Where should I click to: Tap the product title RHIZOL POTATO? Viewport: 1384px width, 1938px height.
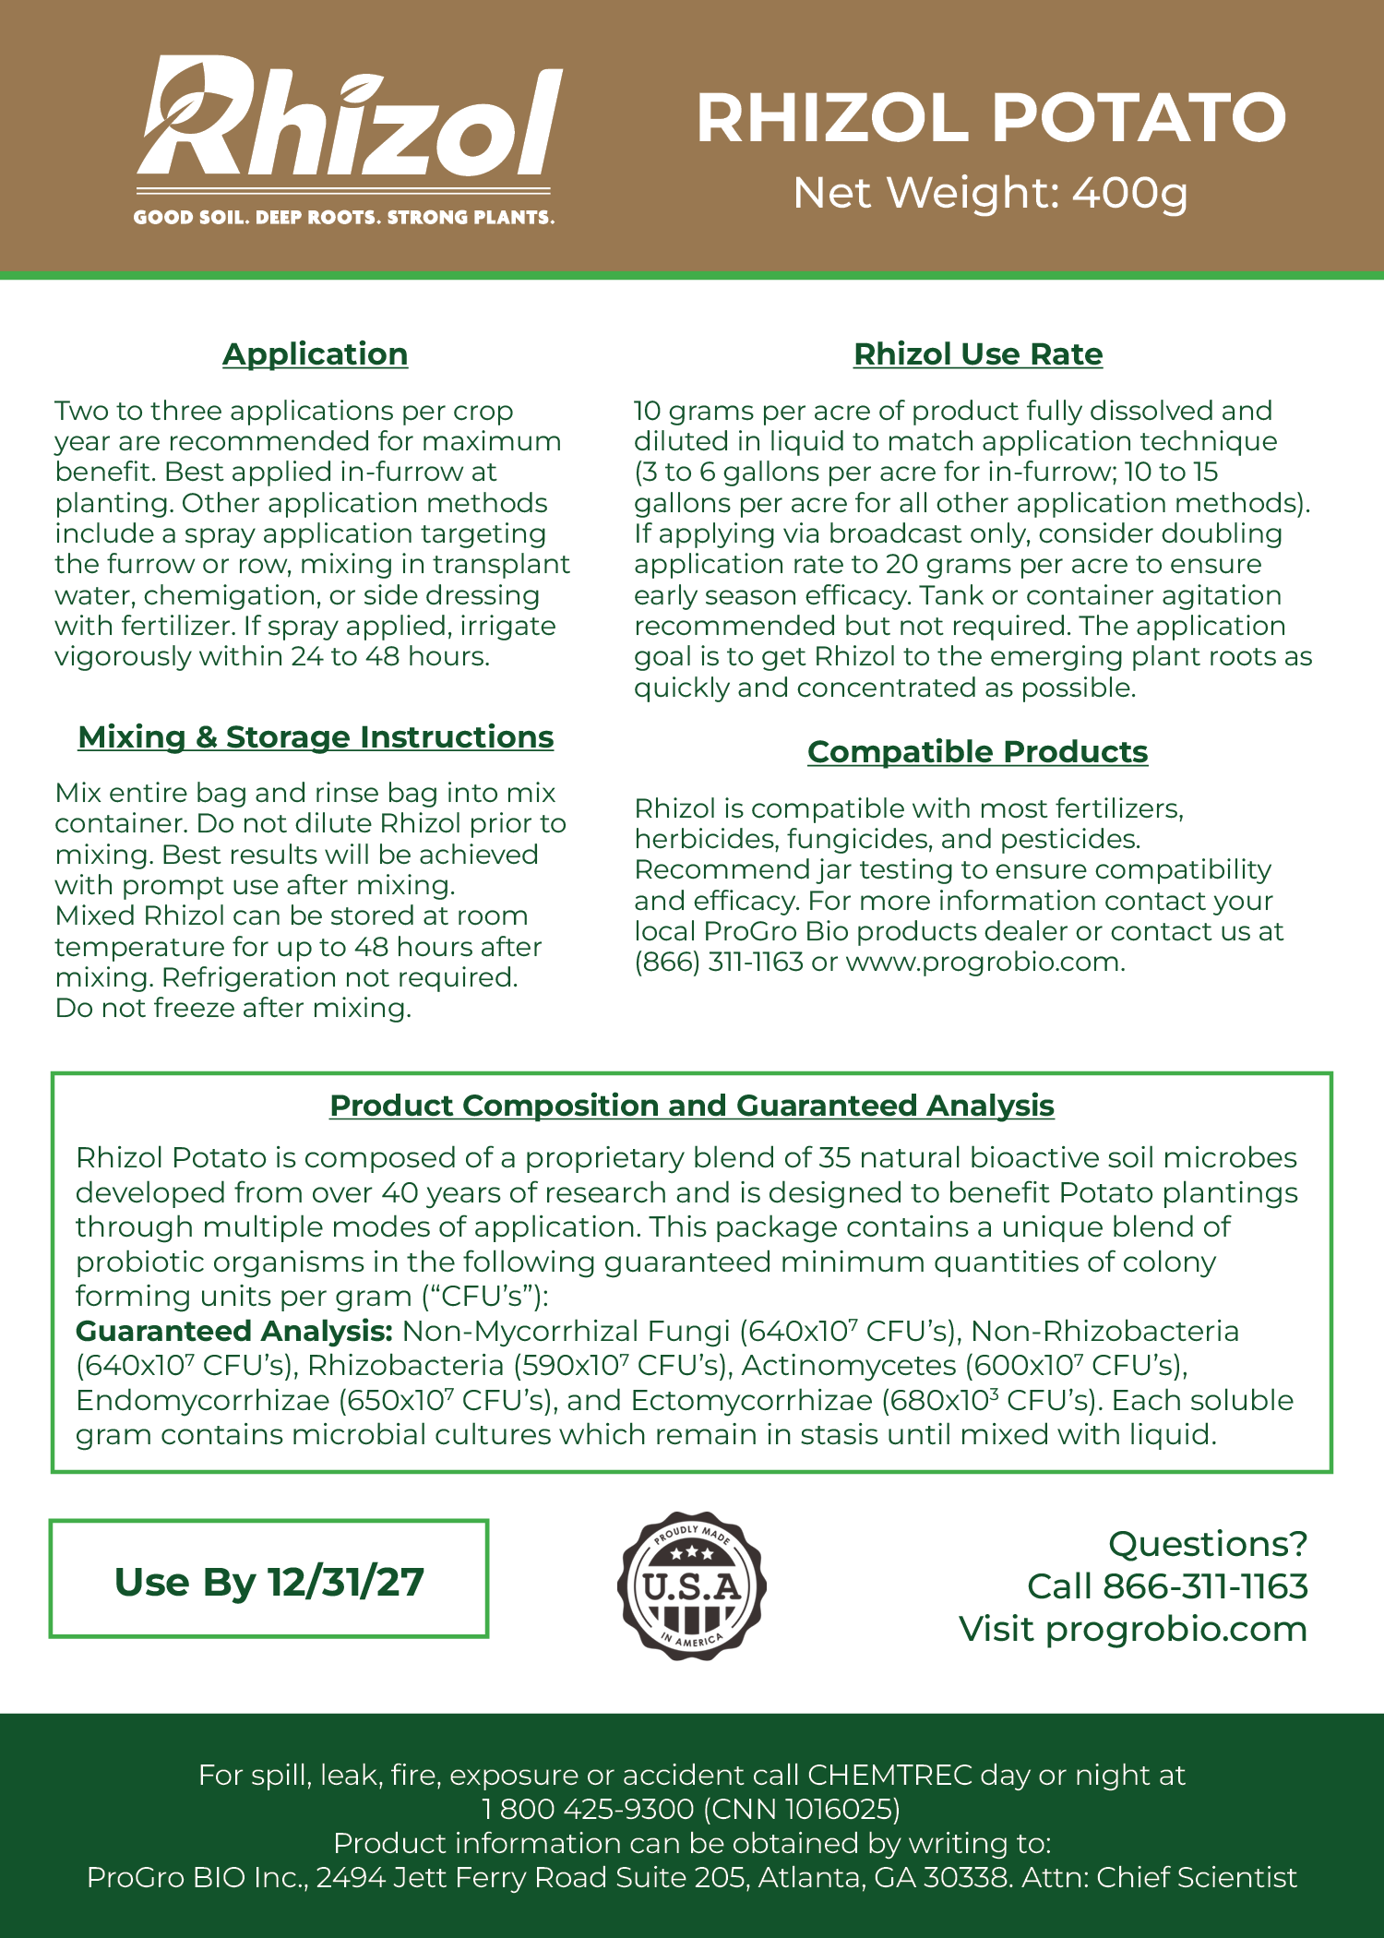tap(990, 118)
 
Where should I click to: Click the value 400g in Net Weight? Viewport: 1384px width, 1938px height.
tap(1130, 193)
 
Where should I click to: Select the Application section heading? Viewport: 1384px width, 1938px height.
tap(315, 354)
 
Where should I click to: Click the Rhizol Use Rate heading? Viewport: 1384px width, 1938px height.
tap(977, 354)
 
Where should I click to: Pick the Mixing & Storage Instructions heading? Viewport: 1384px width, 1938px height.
tap(316, 737)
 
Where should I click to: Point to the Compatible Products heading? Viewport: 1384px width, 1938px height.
tap(977, 752)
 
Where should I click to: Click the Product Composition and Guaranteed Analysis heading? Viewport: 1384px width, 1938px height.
tap(691, 1106)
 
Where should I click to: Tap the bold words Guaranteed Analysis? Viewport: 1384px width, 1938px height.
tap(234, 1331)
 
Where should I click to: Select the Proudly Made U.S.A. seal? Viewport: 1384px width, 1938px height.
tap(691, 1585)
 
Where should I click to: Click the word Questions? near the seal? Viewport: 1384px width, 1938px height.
tap(1208, 1544)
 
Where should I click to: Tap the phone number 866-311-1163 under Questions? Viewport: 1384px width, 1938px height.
tap(1205, 1586)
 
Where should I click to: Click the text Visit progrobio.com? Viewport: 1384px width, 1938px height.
tap(1132, 1629)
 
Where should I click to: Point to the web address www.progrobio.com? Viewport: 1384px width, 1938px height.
tap(984, 962)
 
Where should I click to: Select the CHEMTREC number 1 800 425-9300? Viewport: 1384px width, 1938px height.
tap(588, 1809)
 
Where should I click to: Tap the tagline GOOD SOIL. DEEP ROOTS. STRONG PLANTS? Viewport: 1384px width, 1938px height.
tap(343, 218)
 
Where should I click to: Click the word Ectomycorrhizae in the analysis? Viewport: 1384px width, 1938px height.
tap(751, 1400)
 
